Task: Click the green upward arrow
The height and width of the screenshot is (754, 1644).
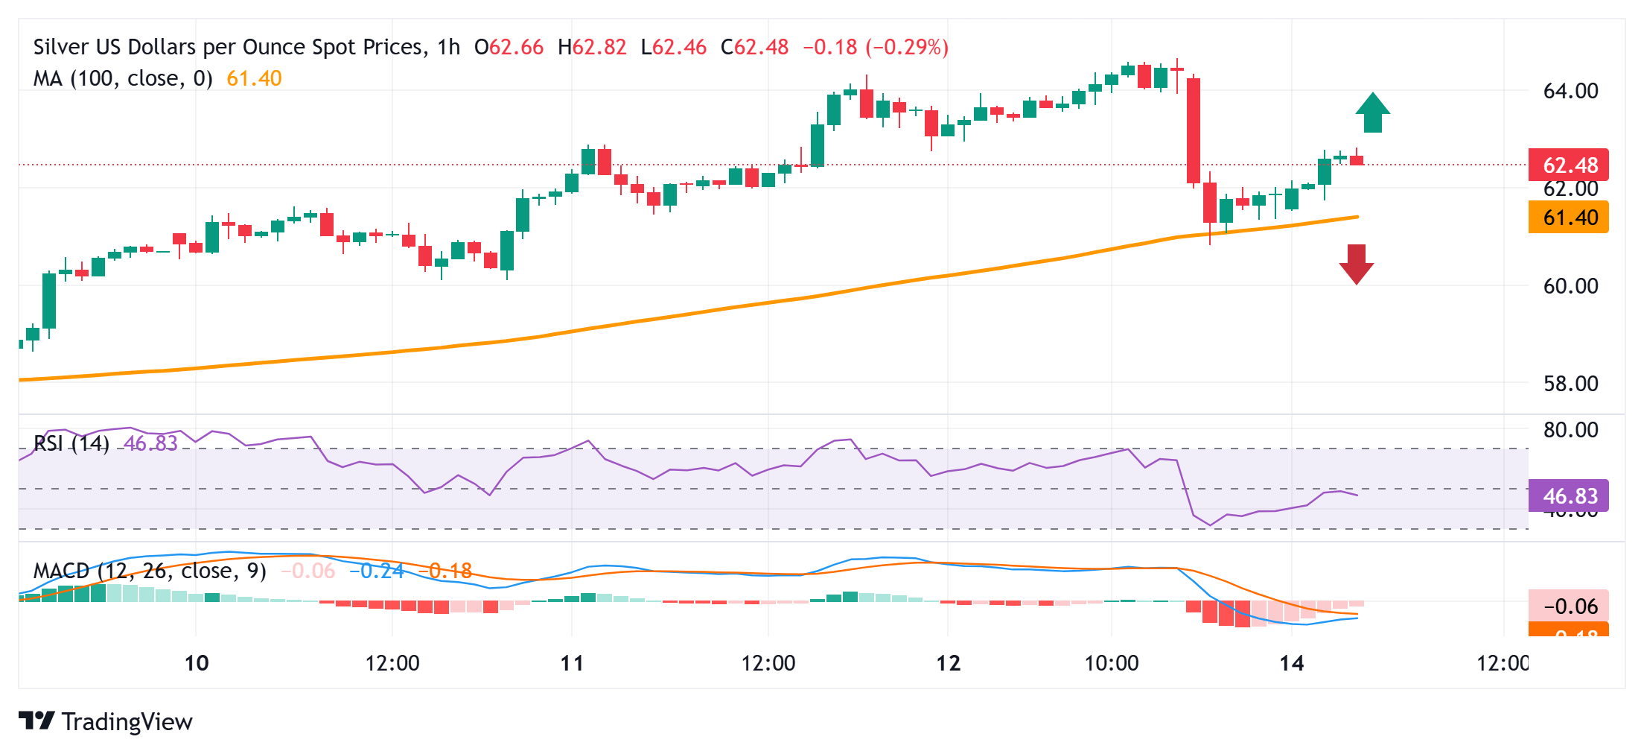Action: coord(1372,113)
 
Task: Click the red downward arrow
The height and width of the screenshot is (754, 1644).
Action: coord(1357,264)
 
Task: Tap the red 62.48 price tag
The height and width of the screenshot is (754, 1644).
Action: coord(1568,165)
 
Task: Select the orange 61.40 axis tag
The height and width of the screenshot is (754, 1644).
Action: coord(1568,218)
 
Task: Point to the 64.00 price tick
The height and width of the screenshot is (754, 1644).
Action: coord(1570,91)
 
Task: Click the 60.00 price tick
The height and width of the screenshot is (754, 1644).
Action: coord(1570,286)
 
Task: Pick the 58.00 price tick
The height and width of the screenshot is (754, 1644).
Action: coord(1570,384)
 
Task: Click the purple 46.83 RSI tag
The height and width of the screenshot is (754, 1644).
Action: coord(1568,495)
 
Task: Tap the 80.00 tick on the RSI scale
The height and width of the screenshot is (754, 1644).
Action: coord(1570,430)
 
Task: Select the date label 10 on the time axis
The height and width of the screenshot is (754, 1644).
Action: coord(197,663)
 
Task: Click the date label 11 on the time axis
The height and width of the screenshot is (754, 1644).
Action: coord(572,663)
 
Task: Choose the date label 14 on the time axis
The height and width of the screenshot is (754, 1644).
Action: coord(1291,663)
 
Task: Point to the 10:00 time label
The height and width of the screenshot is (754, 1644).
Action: coord(1111,663)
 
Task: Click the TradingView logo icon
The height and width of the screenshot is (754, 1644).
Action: coord(36,720)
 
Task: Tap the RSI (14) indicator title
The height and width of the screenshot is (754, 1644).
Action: coord(71,443)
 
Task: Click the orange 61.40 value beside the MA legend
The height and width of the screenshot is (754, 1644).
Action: coord(254,78)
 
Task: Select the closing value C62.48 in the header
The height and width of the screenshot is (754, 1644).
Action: coord(754,47)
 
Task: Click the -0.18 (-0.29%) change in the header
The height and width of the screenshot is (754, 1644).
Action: coord(876,47)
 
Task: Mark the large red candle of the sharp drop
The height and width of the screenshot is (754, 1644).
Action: coord(1193,130)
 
